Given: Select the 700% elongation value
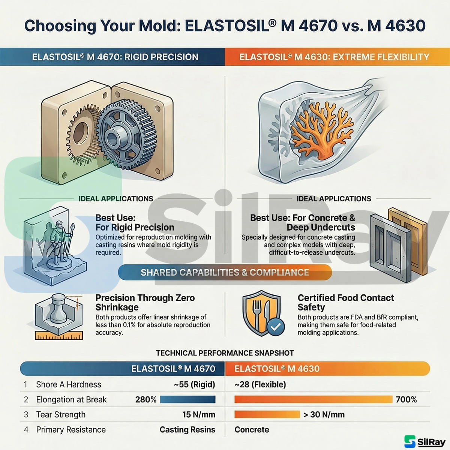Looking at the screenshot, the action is click(406, 399).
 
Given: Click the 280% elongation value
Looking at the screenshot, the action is click(146, 399).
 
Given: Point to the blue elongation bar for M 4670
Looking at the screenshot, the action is click(187, 399).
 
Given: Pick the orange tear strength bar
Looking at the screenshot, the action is click(267, 414).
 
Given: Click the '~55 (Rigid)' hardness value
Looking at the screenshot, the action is click(195, 384).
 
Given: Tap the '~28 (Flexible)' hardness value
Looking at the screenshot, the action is click(260, 384).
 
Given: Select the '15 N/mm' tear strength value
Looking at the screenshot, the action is click(199, 414).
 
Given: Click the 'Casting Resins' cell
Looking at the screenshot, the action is click(187, 430).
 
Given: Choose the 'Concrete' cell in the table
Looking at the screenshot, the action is click(252, 429).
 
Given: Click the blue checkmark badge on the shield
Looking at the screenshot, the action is click(276, 327).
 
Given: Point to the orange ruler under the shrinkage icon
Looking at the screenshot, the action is click(59, 335).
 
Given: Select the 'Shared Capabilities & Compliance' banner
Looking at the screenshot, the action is click(225, 272).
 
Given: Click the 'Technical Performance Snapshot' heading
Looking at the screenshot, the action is click(225, 353).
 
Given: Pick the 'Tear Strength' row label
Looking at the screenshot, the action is click(61, 414).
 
